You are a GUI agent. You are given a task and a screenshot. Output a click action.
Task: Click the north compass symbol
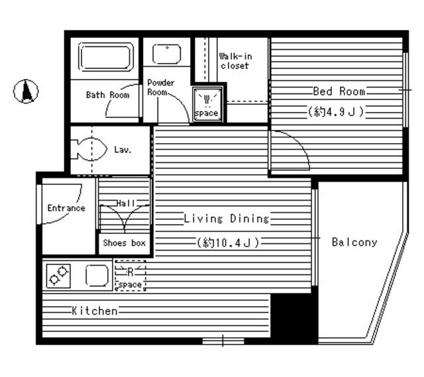(x=26, y=91)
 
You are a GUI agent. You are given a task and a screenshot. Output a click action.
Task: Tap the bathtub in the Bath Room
(x=106, y=57)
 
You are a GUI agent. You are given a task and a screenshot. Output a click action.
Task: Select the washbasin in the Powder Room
(x=166, y=54)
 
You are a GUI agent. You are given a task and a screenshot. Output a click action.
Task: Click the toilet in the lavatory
(x=89, y=149)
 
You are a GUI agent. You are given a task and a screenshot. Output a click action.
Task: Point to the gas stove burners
(x=58, y=276)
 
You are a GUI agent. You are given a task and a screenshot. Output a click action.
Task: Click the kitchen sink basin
(x=97, y=275)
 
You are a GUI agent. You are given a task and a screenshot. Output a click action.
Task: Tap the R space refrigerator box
(x=131, y=276)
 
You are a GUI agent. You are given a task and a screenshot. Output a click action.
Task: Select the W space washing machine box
(x=207, y=104)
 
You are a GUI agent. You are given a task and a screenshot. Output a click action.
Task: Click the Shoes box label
(x=125, y=243)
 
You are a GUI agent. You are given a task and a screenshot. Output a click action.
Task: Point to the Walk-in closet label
(x=235, y=61)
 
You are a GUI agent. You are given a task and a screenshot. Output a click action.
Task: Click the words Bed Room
(x=339, y=91)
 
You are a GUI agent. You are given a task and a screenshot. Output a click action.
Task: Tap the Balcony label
(x=354, y=242)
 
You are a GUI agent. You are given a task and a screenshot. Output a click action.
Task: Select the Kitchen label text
(x=95, y=311)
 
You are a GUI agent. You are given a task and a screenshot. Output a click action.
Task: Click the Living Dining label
(x=227, y=219)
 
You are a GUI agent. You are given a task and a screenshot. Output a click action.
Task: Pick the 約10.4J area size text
(x=228, y=242)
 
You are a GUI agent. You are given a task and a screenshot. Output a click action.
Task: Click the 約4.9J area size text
(x=336, y=111)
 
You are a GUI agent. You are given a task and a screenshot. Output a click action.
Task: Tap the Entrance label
(x=66, y=208)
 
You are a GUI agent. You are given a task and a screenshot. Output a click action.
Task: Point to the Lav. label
(x=123, y=150)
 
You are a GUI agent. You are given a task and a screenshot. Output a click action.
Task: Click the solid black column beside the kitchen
(x=294, y=319)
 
